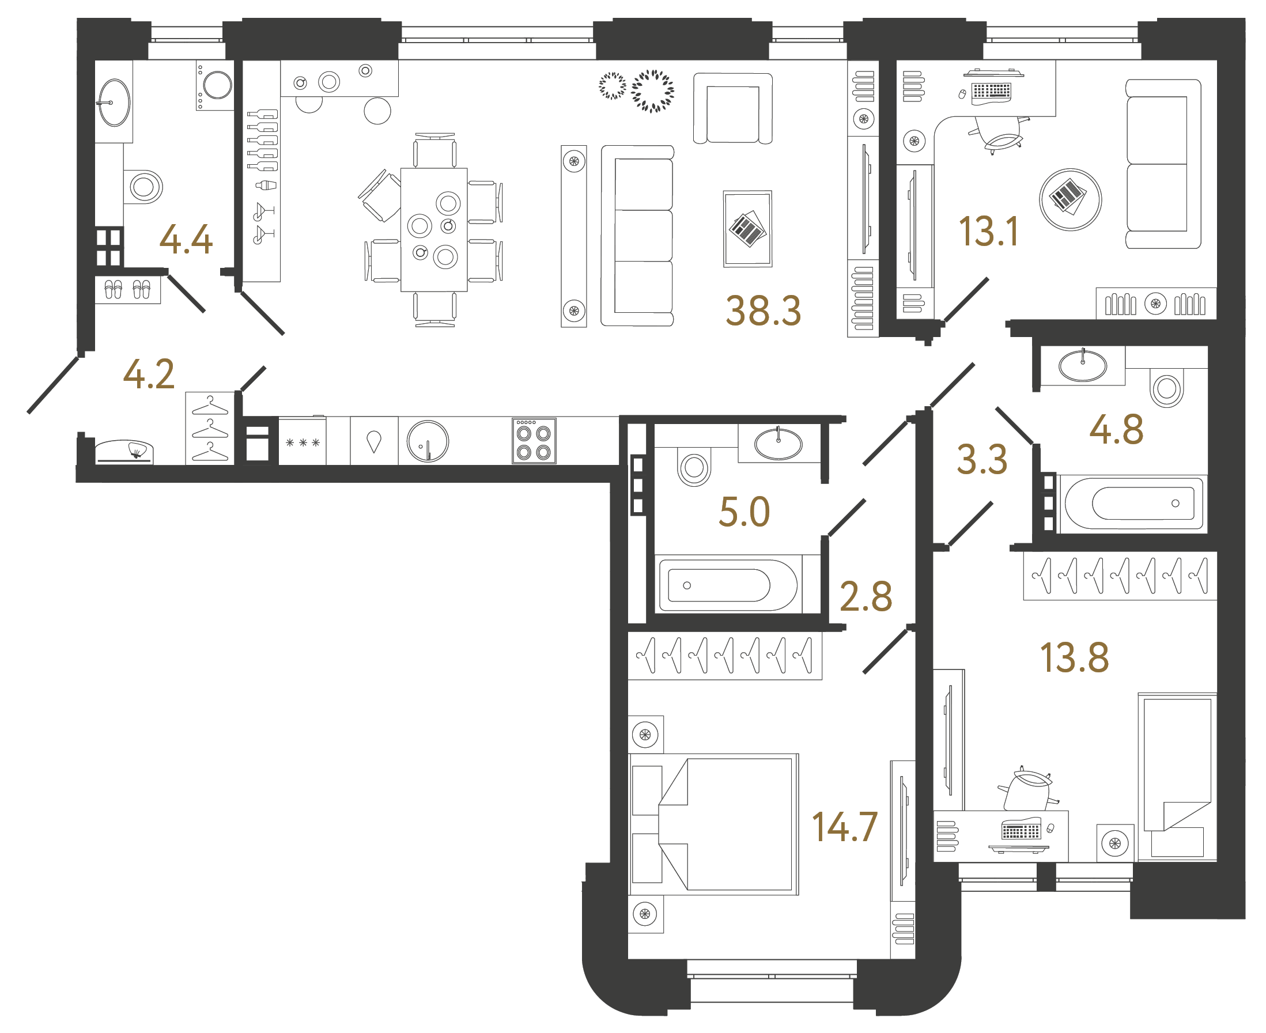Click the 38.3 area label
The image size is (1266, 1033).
pos(763,311)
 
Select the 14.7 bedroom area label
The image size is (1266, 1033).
pos(844,827)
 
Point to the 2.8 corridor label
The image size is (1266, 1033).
pos(866,597)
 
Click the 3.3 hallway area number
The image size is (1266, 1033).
pos(981,459)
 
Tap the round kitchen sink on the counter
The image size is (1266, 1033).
pos(428,441)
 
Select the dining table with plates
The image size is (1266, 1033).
pos(433,230)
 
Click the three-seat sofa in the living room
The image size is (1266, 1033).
pos(637,236)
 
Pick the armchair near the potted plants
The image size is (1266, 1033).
pos(733,108)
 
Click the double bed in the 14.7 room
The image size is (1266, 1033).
pos(714,824)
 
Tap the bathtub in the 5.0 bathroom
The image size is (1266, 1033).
pos(726,585)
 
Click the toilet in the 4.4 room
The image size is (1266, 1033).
pos(143,187)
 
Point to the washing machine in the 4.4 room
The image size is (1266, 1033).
pos(216,86)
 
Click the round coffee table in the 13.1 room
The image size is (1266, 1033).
pos(1070,199)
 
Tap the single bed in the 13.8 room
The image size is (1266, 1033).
pos(1176,777)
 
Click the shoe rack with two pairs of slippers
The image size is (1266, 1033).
pos(127,290)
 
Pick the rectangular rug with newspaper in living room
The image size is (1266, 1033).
pos(747,229)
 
